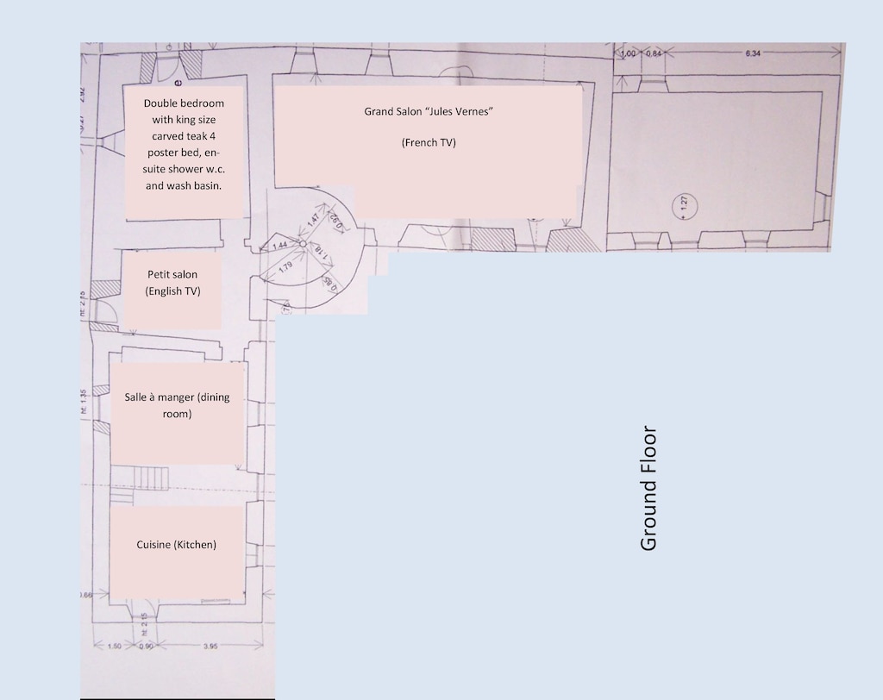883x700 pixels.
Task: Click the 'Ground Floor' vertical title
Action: [649, 488]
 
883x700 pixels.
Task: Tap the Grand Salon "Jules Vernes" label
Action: [428, 112]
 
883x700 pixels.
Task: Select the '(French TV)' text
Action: [428, 143]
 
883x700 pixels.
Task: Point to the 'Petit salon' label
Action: [172, 275]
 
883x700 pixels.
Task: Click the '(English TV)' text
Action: [172, 291]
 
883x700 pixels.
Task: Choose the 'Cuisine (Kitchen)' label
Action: [176, 545]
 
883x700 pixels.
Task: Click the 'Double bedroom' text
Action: [184, 103]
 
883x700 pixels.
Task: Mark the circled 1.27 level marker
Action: [684, 205]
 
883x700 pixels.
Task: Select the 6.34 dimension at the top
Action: [753, 53]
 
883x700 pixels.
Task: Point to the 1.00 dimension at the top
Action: [627, 53]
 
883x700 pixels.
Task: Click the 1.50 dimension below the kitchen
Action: [114, 646]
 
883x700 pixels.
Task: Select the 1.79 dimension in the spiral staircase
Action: [286, 266]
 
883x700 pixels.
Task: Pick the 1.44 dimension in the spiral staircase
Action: [279, 246]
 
